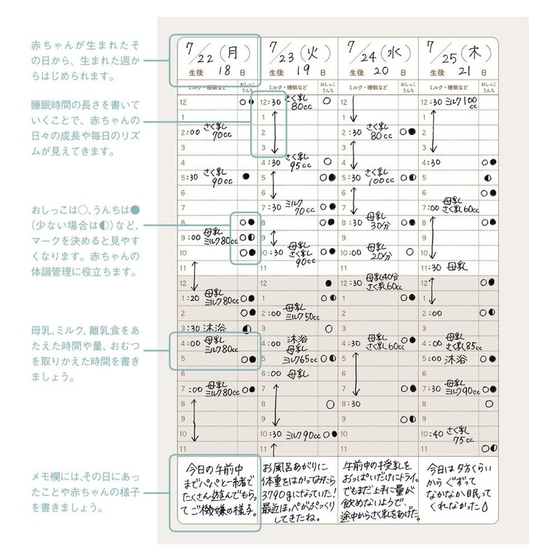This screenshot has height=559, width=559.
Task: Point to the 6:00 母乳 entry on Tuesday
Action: [280, 374]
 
